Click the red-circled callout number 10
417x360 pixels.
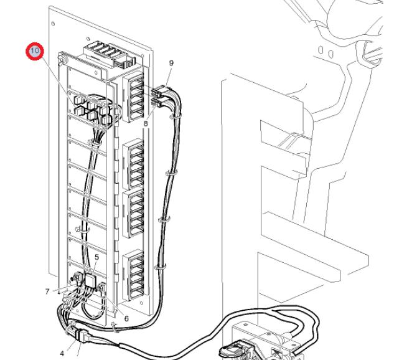(35, 51)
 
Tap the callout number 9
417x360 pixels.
(171, 63)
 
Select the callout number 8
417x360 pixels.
(146, 124)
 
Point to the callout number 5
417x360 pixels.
(96, 257)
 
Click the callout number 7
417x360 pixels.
(47, 291)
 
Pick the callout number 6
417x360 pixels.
(126, 318)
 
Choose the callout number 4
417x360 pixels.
(62, 354)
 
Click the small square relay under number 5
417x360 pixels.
(91, 280)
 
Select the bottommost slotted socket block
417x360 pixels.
(133, 275)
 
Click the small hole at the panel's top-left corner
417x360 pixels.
(53, 24)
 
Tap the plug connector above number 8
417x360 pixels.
(157, 102)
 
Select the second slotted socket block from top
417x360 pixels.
(133, 164)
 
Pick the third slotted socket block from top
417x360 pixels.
(133, 213)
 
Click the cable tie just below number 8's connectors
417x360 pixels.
(176, 116)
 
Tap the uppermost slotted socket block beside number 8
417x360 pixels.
(133, 97)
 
